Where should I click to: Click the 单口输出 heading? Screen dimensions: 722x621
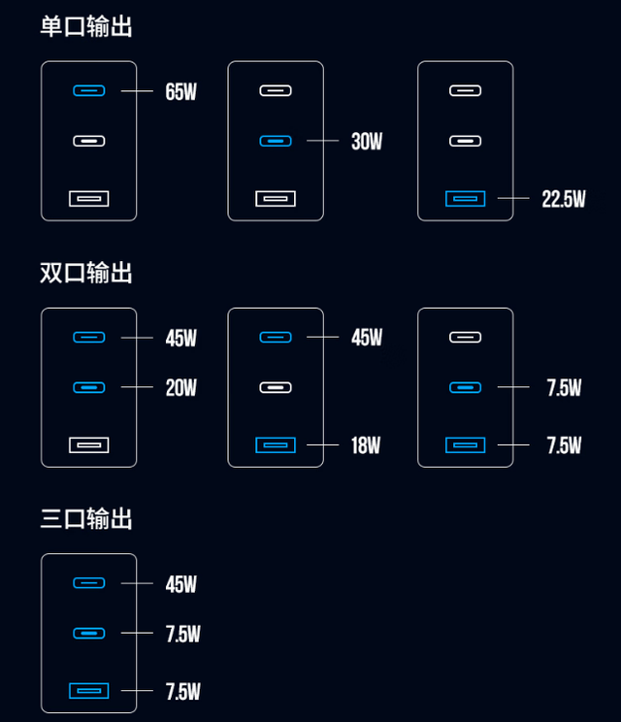coord(86,26)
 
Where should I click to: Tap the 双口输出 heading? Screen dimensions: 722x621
coord(86,273)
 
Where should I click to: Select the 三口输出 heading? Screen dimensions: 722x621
coord(86,519)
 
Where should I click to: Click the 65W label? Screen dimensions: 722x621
coord(181,92)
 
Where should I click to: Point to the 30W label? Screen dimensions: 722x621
coord(367,142)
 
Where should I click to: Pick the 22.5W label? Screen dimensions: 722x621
coord(564,199)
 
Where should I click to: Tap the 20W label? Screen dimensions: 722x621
coord(181,388)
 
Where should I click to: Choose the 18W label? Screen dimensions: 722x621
coord(366,445)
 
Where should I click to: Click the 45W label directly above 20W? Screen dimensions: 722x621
coord(181,338)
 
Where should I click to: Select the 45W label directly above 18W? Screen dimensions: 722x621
coord(367,338)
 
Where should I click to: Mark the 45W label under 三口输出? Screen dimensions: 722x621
coord(181,584)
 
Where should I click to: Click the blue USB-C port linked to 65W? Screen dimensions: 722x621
coord(88,91)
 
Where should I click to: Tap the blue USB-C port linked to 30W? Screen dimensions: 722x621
coord(276,141)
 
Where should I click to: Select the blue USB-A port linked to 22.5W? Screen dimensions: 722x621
coord(465,199)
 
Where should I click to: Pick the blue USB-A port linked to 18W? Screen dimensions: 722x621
coord(276,445)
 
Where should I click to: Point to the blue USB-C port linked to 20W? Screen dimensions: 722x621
coord(88,387)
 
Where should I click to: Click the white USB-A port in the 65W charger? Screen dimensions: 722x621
coord(88,199)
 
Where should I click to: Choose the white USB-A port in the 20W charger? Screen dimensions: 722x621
coord(88,445)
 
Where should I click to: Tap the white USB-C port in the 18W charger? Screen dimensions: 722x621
coord(276,387)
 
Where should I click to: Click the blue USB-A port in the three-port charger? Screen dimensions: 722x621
coord(88,691)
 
